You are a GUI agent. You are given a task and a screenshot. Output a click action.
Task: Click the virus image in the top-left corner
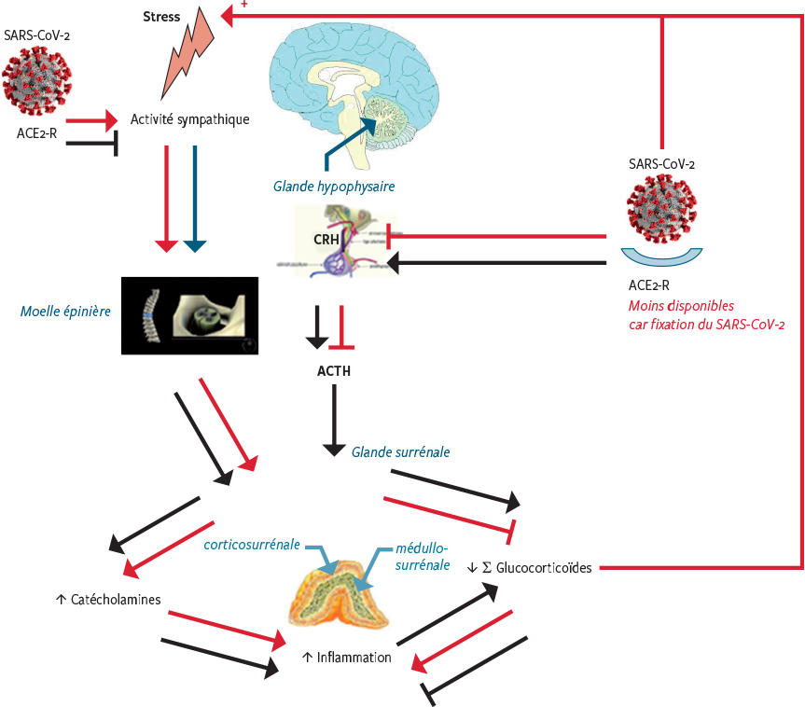36,80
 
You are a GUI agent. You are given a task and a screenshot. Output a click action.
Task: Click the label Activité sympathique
190,119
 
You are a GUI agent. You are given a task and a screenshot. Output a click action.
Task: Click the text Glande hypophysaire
334,187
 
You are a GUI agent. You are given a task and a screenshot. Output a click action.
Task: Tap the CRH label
326,239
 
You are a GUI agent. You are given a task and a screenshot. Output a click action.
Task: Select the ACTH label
334,371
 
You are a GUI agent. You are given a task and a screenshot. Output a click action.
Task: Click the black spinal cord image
189,314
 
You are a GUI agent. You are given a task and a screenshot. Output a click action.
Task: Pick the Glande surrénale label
401,451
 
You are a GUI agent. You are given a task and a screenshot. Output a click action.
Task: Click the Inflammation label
346,657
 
